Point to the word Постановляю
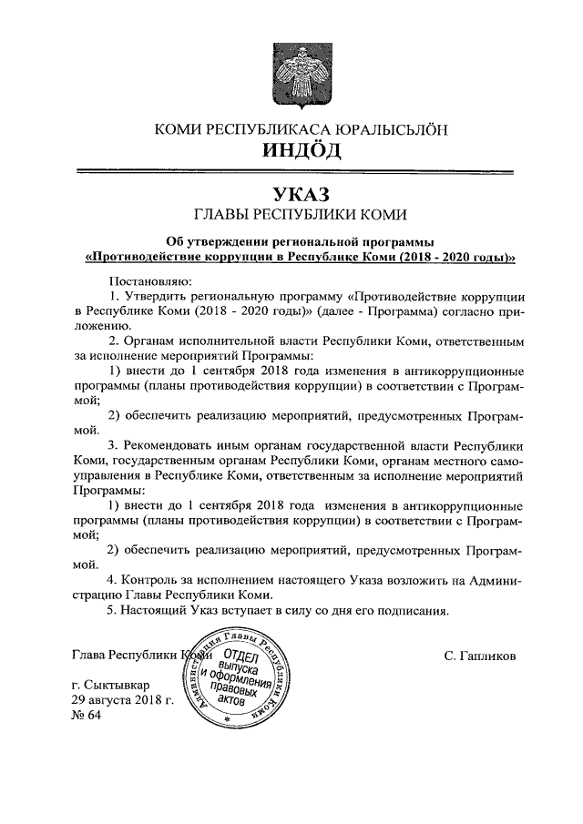coord(147,281)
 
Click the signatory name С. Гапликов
coord(481,656)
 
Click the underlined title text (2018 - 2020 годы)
coord(457,258)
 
